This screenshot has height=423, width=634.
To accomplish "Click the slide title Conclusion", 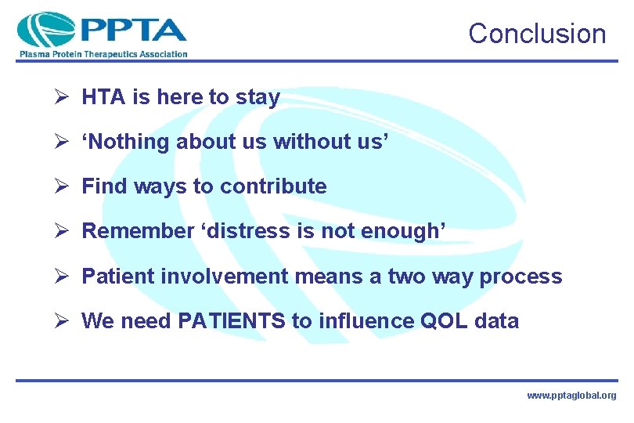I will (537, 34).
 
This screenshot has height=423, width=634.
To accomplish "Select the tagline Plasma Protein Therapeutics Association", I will (103, 54).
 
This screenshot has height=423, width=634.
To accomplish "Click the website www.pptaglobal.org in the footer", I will (571, 396).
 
